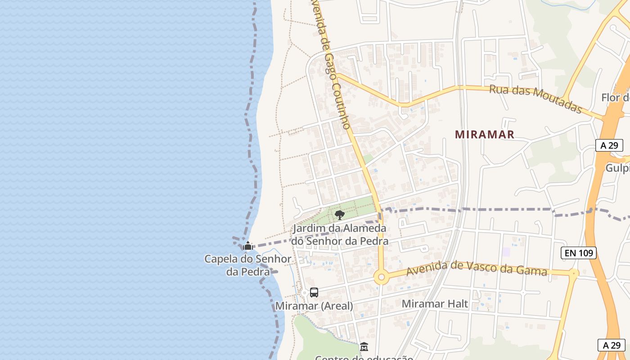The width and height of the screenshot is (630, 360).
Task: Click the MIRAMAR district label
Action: click(x=484, y=134)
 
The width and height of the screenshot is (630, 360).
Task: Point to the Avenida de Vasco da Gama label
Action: click(x=477, y=269)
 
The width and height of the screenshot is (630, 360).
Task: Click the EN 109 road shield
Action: click(x=579, y=253)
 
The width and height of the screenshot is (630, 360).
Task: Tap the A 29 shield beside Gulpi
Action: click(x=609, y=145)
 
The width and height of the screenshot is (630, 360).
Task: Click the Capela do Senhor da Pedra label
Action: click(x=247, y=265)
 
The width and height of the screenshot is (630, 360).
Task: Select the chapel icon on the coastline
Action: click(x=247, y=246)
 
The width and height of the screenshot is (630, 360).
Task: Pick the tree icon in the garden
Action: click(x=340, y=215)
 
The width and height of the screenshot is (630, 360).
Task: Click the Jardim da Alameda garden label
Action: click(x=339, y=234)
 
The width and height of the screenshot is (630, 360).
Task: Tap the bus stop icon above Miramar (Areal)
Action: click(x=314, y=292)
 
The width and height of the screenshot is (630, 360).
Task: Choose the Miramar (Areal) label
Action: click(x=314, y=306)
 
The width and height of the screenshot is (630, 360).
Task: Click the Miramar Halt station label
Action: click(x=435, y=304)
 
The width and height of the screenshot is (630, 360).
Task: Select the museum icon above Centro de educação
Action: click(x=364, y=347)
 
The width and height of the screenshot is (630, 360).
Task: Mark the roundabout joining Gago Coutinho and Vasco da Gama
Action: click(x=382, y=277)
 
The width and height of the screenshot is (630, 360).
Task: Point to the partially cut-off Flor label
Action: click(x=615, y=98)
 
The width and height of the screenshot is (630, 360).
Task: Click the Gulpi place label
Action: click(x=617, y=168)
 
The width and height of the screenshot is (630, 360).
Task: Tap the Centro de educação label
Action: click(x=364, y=358)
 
